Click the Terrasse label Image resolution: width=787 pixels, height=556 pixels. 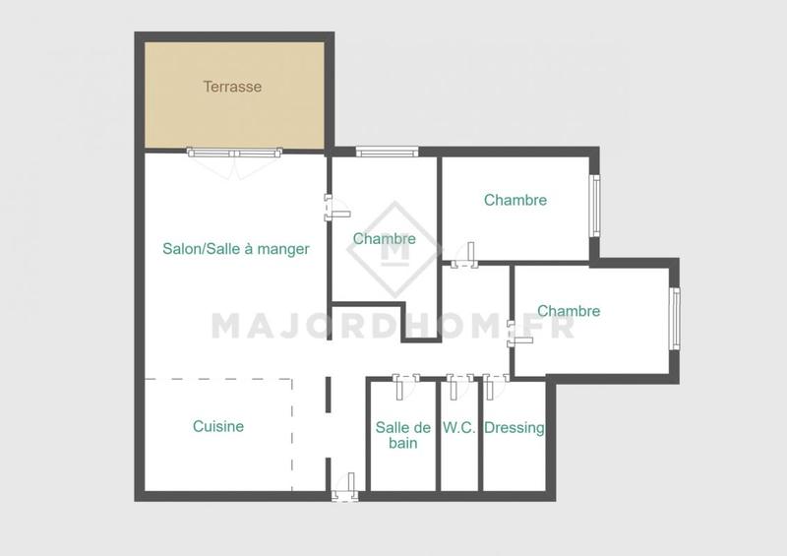(232, 87)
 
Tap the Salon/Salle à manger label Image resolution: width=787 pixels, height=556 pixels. (236, 249)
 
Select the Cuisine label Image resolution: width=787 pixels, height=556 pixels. (218, 426)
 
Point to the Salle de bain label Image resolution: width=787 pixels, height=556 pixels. (403, 435)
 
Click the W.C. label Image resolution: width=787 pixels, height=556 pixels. (459, 428)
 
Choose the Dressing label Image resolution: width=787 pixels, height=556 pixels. (515, 428)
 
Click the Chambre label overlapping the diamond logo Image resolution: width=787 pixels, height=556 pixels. (384, 238)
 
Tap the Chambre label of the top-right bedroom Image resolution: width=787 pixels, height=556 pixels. (515, 200)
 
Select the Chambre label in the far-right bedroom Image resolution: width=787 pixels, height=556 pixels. (569, 311)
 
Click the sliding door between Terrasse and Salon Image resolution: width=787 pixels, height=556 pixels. (235, 153)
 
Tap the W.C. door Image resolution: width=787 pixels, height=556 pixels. (455, 381)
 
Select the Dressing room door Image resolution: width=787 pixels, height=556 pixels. (492, 381)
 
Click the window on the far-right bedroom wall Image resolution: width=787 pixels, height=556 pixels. (675, 317)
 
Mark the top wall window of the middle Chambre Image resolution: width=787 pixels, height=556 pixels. (387, 152)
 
